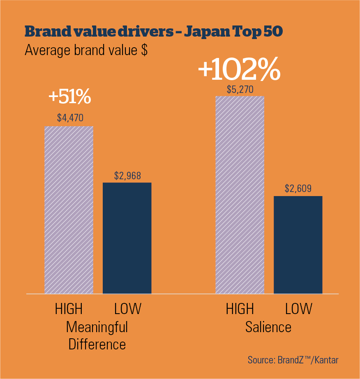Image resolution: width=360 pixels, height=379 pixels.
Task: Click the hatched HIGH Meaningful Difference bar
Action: (x=69, y=210)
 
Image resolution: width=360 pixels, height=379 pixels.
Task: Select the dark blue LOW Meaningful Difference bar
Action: (x=127, y=238)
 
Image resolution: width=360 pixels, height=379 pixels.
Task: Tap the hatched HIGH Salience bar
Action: (x=240, y=195)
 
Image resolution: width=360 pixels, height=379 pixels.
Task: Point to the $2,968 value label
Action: (x=127, y=176)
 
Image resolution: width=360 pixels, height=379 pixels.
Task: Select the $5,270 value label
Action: (x=240, y=89)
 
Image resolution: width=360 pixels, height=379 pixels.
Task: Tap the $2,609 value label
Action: (x=298, y=189)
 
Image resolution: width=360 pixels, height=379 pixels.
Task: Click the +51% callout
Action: (x=69, y=97)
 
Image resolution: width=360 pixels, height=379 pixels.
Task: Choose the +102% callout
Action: (x=239, y=70)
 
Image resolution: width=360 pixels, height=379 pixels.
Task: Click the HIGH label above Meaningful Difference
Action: (x=69, y=309)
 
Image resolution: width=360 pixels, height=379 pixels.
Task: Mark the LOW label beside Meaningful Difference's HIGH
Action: (x=127, y=309)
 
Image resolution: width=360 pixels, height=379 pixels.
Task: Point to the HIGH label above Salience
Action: (x=240, y=309)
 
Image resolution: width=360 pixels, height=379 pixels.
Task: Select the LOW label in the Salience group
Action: (x=298, y=309)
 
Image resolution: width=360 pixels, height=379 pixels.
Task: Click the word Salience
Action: (x=268, y=327)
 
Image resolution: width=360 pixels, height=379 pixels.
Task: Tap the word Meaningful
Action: (x=97, y=327)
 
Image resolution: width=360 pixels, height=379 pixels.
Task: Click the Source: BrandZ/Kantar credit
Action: (x=293, y=360)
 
